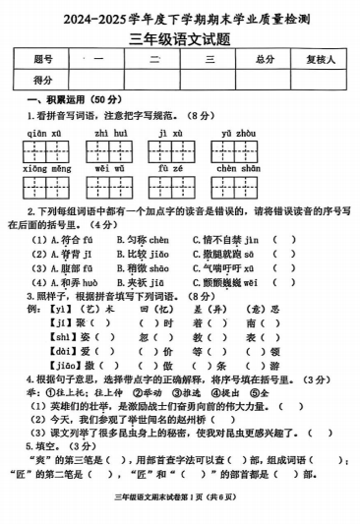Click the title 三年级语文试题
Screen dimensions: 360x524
(x=181, y=38)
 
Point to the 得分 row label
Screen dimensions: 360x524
(x=42, y=80)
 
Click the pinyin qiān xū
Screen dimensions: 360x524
(x=42, y=132)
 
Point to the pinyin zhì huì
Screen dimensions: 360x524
(x=108, y=132)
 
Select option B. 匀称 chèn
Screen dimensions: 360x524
(x=144, y=239)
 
